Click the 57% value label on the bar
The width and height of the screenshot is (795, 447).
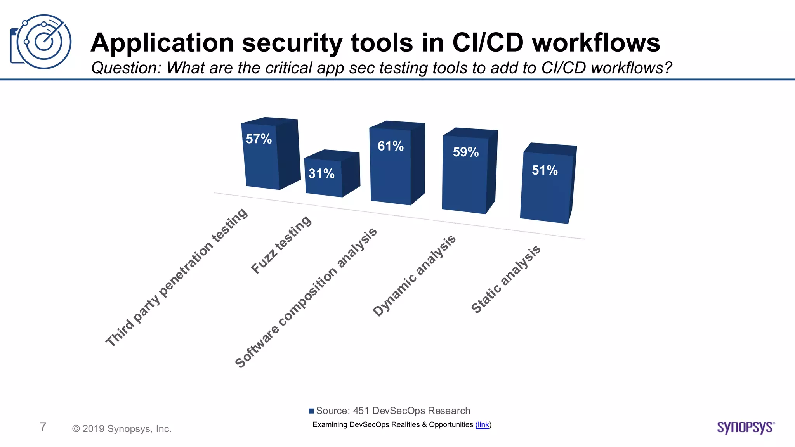point(259,139)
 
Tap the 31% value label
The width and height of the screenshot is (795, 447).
point(321,173)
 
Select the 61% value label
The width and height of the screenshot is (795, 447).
point(391,146)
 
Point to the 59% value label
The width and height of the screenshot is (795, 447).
point(466,152)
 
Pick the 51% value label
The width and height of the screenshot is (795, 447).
point(545,170)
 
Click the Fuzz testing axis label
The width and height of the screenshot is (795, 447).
point(281,245)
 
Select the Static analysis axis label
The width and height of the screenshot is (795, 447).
point(506,279)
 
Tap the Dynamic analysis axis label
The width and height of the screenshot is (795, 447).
point(414,275)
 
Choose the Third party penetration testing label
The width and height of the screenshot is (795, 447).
point(177,277)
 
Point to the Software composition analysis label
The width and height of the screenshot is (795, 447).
point(306,298)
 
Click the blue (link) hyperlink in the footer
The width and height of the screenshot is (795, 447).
point(483,424)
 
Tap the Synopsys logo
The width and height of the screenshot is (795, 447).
point(746,427)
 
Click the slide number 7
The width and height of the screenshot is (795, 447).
point(43,427)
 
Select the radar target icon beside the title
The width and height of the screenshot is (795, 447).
point(41,42)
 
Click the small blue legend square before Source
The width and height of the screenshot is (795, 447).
point(311,411)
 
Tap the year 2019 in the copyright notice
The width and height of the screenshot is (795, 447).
point(93,429)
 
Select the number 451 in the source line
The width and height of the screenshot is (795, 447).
point(361,411)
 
